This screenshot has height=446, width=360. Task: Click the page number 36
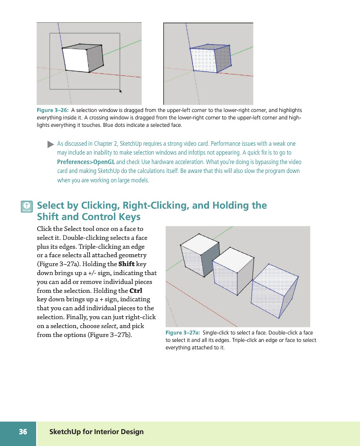point(23,432)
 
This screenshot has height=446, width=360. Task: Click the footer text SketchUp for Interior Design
point(97,432)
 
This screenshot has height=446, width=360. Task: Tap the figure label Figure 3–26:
point(53,110)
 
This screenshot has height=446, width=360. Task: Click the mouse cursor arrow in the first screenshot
point(120,91)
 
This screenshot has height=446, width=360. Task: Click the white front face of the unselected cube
point(75,60)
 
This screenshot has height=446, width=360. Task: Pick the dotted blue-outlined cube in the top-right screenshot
point(211,59)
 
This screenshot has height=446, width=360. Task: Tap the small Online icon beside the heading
point(27,207)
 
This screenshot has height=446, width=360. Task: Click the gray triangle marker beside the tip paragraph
point(50,145)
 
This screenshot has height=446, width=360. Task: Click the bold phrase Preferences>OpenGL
point(86,162)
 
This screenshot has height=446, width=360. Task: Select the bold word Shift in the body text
point(126,264)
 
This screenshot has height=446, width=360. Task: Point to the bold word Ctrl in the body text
point(136,290)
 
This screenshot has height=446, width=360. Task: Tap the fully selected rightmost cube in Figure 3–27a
point(274,292)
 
